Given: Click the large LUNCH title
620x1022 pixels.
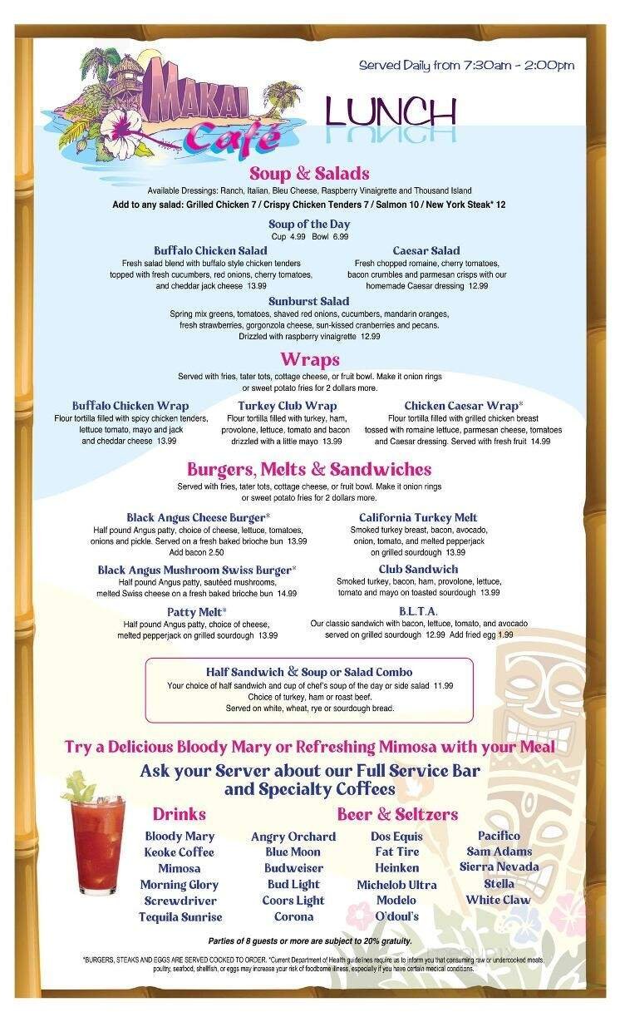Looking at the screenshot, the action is coord(391,111).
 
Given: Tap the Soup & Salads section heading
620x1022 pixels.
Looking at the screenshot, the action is coord(309,174).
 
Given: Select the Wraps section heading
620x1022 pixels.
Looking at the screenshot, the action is coord(309,359).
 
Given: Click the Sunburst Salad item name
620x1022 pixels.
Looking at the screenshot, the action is coord(308,301).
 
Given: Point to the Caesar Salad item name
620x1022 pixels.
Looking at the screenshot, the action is coord(426,250).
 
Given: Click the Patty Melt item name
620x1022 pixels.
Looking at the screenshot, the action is coord(197,612).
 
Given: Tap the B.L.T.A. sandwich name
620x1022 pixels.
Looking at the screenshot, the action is coord(418,611).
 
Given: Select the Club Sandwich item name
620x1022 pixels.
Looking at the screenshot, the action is coord(418,569).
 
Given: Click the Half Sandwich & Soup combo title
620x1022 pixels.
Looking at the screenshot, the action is coord(309,672).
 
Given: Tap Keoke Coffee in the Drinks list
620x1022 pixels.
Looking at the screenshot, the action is coord(179,852).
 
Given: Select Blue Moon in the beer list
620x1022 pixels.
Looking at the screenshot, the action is coord(293,852).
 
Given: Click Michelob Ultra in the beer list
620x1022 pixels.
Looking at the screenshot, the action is coord(396,885).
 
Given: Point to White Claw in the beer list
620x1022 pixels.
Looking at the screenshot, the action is coord(498,900).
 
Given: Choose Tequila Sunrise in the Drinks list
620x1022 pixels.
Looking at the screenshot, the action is coord(180,917).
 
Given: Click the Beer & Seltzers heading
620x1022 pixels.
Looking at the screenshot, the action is coord(397,813).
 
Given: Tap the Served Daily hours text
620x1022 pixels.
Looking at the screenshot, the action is coord(466,66).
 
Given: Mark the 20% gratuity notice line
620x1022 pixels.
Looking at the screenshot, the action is coord(309,941).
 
